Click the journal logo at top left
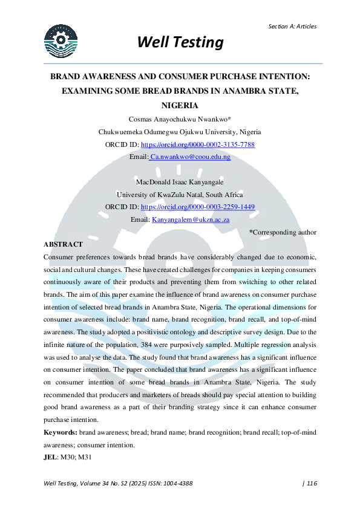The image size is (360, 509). tap(61, 41)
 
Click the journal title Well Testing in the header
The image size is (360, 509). tap(180, 42)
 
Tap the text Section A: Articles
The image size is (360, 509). tap(292, 26)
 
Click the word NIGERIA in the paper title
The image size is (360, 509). tap(180, 104)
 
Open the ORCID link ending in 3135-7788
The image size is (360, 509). tap(197, 145)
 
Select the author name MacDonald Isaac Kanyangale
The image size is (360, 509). tap(180, 182)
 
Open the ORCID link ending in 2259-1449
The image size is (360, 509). tap(197, 207)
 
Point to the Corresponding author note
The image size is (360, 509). tap(283, 232)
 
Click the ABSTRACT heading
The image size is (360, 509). tap(63, 244)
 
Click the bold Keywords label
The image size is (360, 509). tap(60, 433)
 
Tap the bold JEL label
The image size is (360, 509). tap(51, 458)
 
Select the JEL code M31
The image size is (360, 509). tap(83, 458)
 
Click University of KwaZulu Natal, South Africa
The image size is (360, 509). tap(180, 195)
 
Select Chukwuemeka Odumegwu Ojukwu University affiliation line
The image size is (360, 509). tap(180, 132)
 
